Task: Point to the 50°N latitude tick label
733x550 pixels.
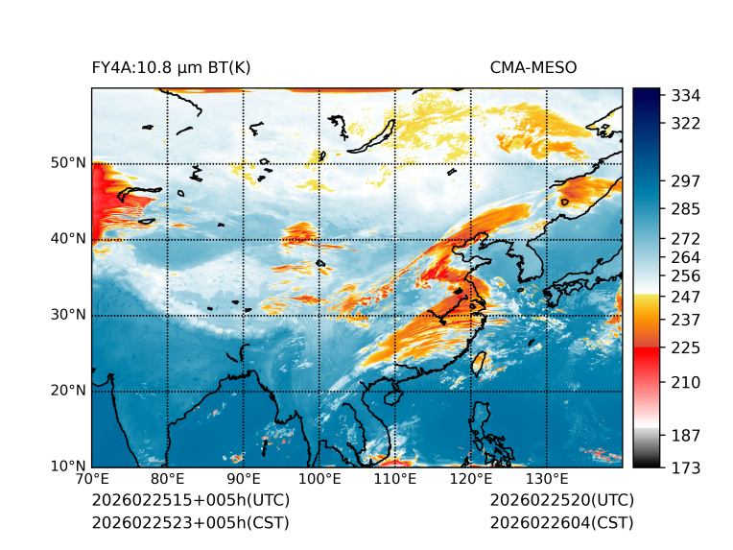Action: click(x=67, y=163)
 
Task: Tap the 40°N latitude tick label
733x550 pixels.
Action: click(x=67, y=239)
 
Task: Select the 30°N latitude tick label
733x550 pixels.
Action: click(x=67, y=315)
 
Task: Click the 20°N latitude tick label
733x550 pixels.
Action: click(x=67, y=391)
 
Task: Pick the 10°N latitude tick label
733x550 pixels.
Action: click(x=67, y=466)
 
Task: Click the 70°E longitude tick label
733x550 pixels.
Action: click(x=92, y=480)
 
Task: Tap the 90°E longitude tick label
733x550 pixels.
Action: click(x=244, y=480)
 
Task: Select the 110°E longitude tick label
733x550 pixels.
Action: click(x=395, y=480)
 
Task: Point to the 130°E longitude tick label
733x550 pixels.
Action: click(x=547, y=480)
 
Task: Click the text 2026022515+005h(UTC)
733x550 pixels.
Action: click(x=190, y=501)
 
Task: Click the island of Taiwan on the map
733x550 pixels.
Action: click(x=483, y=363)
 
